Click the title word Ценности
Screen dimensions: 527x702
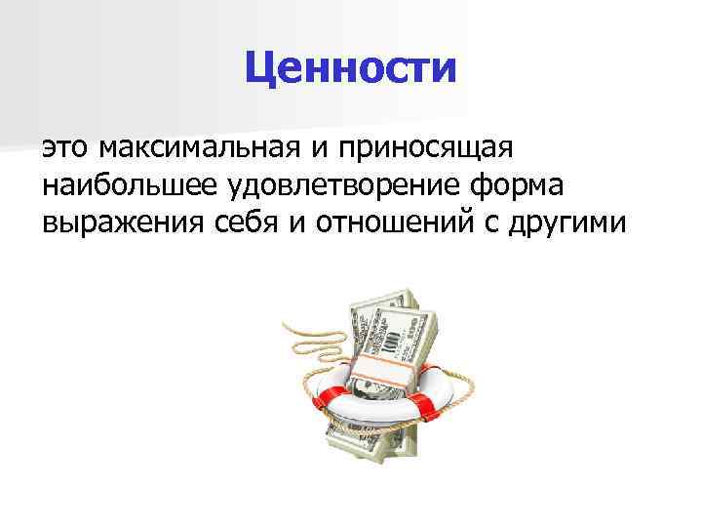point(350,67)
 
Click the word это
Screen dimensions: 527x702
point(66,149)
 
